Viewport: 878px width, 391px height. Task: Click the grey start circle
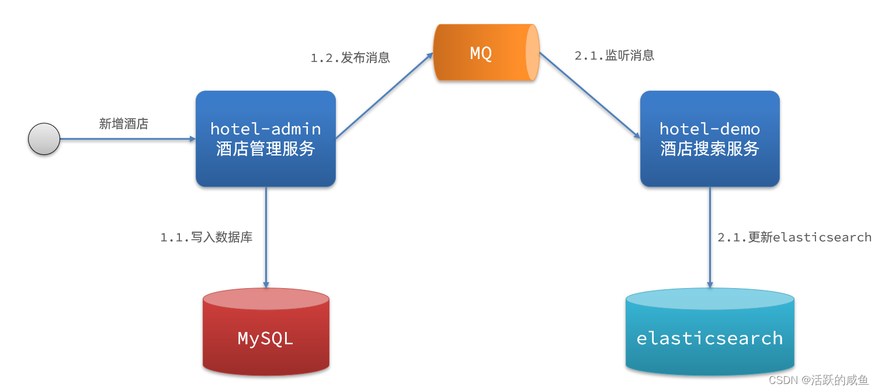[x=44, y=139]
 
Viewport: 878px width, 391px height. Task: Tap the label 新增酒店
[x=123, y=124]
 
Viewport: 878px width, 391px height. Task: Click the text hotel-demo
[x=710, y=129]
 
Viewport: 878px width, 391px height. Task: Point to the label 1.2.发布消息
[x=350, y=58]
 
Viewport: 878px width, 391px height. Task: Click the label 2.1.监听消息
[x=615, y=56]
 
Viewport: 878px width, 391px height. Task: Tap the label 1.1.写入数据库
[x=207, y=237]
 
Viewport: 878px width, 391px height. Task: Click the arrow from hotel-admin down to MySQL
[x=266, y=237]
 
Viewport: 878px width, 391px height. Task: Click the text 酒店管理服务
[x=266, y=149]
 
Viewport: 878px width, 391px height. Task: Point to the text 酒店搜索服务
[x=710, y=149]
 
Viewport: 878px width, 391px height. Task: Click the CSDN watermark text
[x=818, y=380]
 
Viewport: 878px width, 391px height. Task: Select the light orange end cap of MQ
[x=532, y=53]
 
